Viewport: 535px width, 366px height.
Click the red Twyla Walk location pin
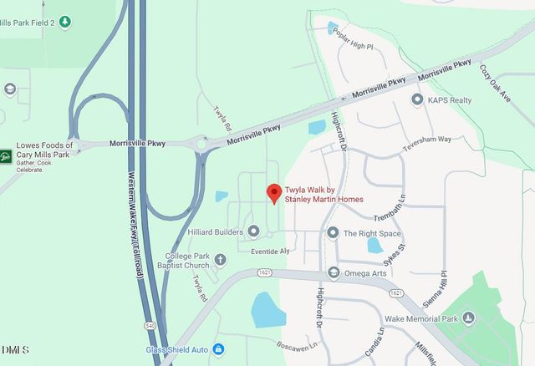[273, 193]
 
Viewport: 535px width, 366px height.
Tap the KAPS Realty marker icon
[417, 99]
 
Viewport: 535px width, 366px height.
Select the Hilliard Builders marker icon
[253, 231]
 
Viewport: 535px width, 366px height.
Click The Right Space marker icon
[333, 233]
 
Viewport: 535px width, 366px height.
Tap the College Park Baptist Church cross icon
[220, 260]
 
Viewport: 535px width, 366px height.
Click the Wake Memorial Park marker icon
[468, 318]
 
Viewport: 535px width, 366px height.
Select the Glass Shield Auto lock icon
[218, 348]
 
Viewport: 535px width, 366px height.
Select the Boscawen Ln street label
[301, 343]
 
